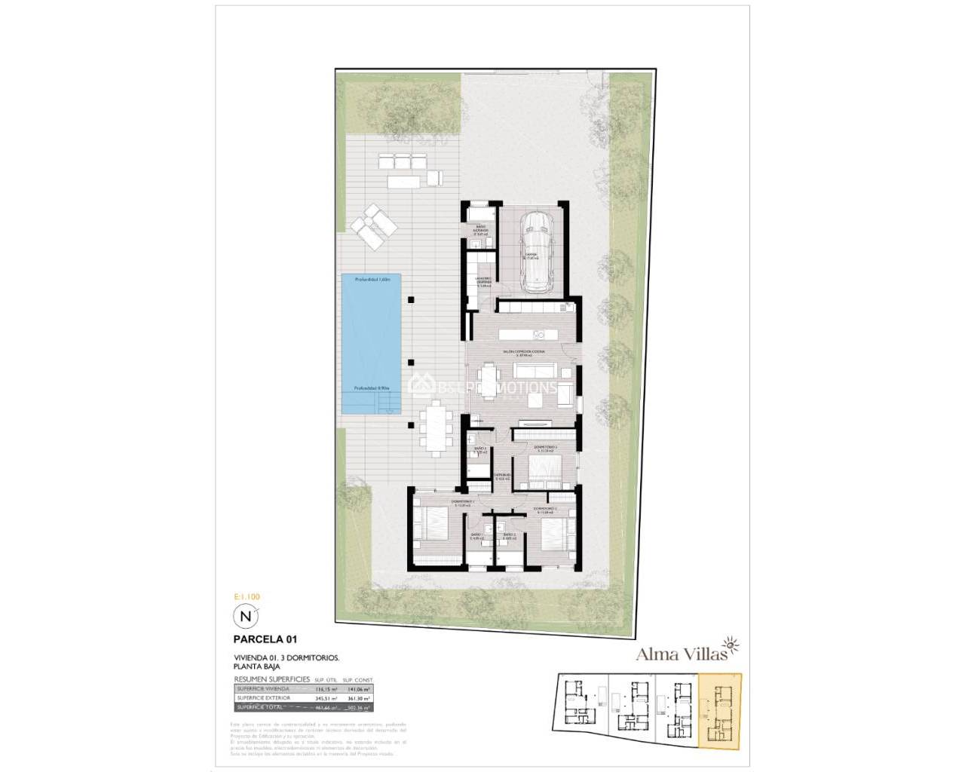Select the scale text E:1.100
[247, 597]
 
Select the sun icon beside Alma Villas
[732, 645]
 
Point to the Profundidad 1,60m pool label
[374, 280]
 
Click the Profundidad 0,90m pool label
[372, 389]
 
